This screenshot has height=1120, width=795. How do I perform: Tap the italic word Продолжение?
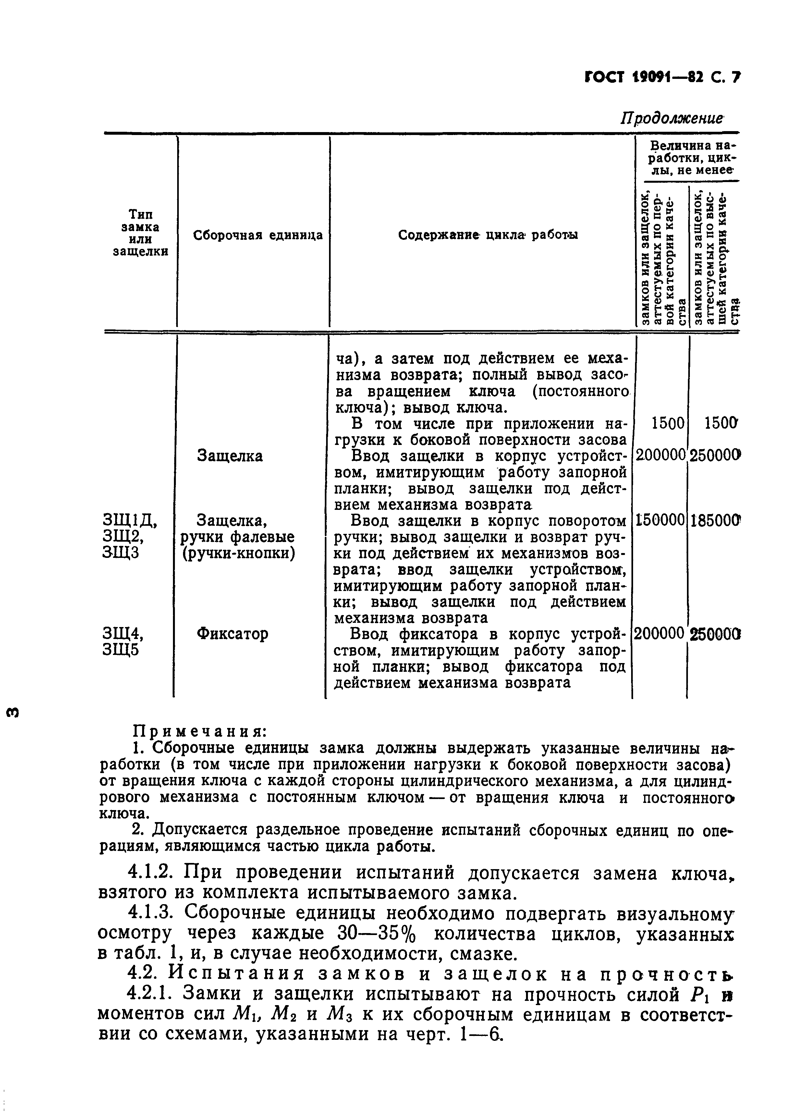[x=672, y=119]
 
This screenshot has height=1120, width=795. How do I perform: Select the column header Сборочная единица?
[x=258, y=235]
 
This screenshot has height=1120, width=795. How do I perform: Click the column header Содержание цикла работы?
[x=488, y=235]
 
